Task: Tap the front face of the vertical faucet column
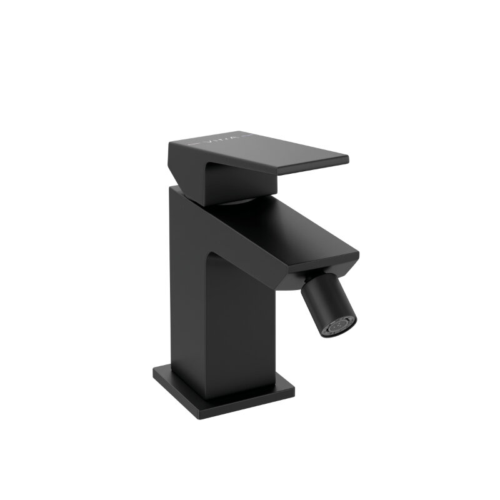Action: pyautogui.click(x=241, y=331)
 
